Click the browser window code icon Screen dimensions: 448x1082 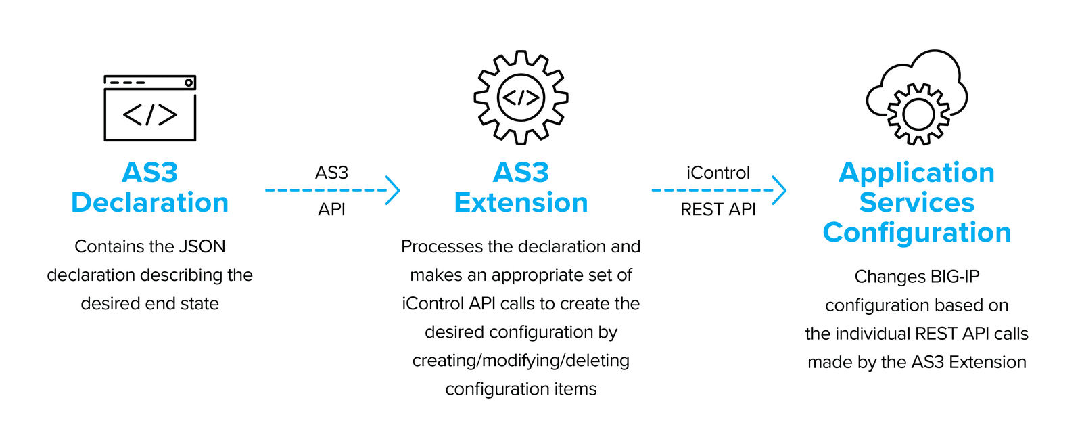click(x=149, y=108)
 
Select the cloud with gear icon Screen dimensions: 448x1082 click(x=917, y=97)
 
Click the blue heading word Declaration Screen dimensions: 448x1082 click(x=149, y=202)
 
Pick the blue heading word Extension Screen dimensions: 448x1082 click(x=521, y=202)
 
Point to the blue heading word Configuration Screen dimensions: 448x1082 click(x=916, y=232)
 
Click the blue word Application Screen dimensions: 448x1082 click(x=916, y=173)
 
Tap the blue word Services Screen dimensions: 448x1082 click(x=916, y=202)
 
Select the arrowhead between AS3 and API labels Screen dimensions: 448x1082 click(x=393, y=190)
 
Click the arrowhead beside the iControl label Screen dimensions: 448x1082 click(x=779, y=190)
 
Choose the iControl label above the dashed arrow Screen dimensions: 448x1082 click(x=718, y=173)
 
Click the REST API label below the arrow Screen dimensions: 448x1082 click(x=718, y=210)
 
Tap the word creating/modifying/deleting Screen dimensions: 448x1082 click(x=521, y=361)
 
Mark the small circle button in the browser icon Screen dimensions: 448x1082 click(x=189, y=83)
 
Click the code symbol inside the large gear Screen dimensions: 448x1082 click(x=521, y=98)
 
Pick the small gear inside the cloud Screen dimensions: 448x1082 click(x=918, y=114)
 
